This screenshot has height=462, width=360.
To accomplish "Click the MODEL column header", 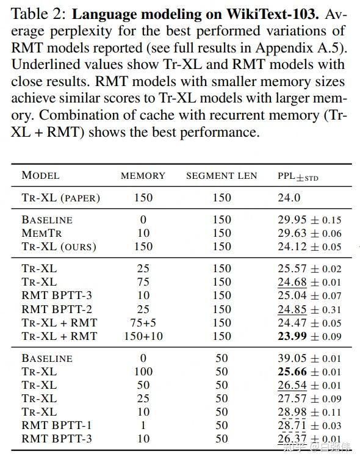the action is coord(40,176).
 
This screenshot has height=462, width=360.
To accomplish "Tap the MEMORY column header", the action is coord(143,176).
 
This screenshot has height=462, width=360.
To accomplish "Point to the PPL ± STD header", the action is coord(298,176).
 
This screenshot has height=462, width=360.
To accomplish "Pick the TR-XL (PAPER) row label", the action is coord(60,198).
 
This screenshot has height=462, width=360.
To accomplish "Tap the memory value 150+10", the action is coord(143,336).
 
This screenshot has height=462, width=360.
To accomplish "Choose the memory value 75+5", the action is coord(143,323).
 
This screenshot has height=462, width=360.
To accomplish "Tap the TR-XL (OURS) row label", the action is coord(59,247).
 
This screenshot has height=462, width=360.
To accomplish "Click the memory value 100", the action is coord(143,372).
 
